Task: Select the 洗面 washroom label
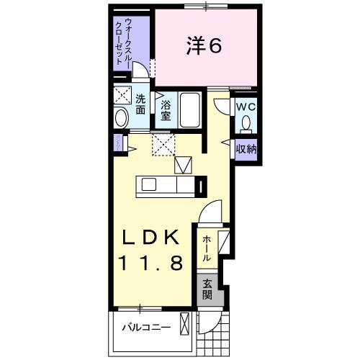pyautogui.click(x=141, y=104)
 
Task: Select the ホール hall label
pyautogui.click(x=207, y=247)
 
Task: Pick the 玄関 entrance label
pyautogui.click(x=207, y=289)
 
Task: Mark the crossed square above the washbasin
pyautogui.click(x=122, y=95)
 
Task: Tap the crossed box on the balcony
pyautogui.click(x=186, y=325)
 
